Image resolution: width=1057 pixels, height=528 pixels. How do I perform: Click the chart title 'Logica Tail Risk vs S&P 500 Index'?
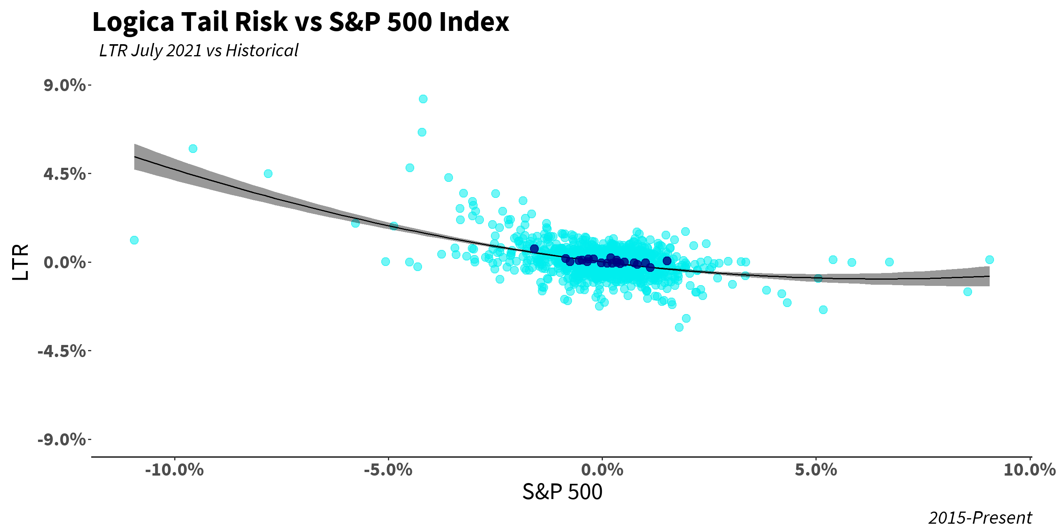[x=300, y=22]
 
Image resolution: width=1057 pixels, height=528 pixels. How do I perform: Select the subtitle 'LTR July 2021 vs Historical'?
[x=198, y=51]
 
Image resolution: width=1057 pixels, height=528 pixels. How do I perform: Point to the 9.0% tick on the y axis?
[x=65, y=85]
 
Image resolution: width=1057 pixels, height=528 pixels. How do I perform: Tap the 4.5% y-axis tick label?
[x=65, y=174]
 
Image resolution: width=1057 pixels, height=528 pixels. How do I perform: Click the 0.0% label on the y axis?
[x=65, y=262]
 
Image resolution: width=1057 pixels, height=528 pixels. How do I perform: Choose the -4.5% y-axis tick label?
[x=62, y=351]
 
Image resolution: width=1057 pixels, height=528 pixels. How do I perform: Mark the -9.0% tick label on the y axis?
[x=62, y=440]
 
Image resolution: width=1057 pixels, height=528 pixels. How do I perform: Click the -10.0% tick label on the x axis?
[x=174, y=470]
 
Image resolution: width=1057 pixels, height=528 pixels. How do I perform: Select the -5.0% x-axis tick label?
[x=388, y=470]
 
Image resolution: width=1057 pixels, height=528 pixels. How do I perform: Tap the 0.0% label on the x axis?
[x=602, y=470]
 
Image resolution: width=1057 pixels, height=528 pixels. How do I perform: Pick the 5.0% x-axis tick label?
[x=816, y=470]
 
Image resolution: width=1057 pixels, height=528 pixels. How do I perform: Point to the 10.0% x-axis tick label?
[x=1029, y=470]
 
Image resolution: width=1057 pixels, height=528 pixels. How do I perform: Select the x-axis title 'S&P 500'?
[x=562, y=492]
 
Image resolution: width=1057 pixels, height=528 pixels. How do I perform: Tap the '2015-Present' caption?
[x=980, y=518]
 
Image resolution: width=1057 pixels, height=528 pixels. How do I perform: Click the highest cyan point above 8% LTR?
[x=423, y=99]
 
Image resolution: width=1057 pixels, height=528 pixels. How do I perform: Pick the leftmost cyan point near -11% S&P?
[x=134, y=240]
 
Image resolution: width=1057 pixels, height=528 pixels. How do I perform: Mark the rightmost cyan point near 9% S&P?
[x=989, y=259]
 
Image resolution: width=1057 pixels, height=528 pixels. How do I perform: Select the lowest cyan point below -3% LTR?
[x=679, y=327]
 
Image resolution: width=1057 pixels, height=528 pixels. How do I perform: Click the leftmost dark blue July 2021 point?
[x=534, y=249]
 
